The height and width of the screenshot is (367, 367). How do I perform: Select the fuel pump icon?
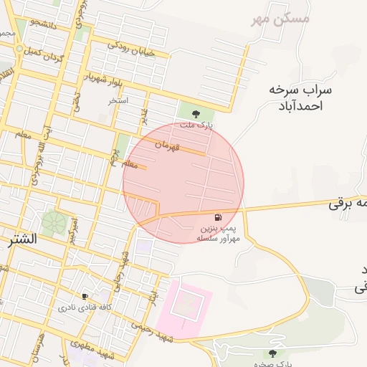pyautogui.click(x=218, y=217)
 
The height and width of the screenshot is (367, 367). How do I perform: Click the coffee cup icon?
pyautogui.click(x=85, y=296)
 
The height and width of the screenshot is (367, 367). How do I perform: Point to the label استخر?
pyautogui.click(x=118, y=100)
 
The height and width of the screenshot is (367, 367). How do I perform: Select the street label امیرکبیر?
pyautogui.click(x=74, y=229)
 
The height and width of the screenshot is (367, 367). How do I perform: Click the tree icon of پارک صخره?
pyautogui.click(x=272, y=353)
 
